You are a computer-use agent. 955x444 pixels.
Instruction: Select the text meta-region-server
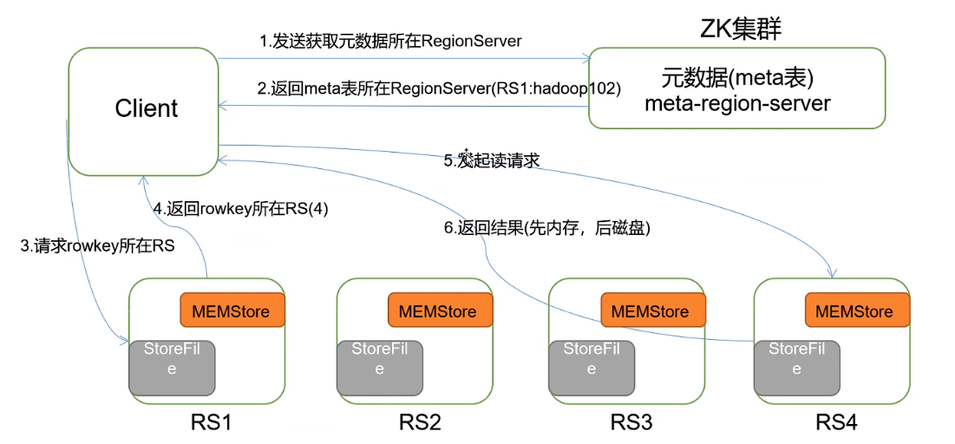point(737,103)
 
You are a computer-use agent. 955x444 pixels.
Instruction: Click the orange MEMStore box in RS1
point(232,310)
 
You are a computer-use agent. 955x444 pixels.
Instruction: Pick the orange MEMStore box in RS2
point(440,310)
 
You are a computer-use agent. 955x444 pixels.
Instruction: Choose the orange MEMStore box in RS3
point(653,310)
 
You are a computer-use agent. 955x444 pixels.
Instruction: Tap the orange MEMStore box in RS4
point(858,310)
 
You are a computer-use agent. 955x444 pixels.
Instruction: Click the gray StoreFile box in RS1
point(173,368)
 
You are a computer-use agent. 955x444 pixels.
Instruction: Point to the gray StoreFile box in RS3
point(592,368)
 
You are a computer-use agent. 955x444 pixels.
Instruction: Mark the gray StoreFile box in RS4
point(797,368)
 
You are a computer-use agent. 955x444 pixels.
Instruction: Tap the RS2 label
point(420,421)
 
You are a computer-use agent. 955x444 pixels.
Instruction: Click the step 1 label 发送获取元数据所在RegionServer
point(396,42)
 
